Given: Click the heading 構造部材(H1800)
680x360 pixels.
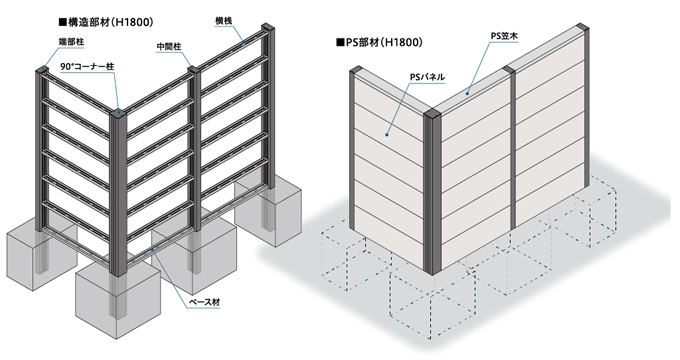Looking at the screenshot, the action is pyautogui.click(x=106, y=23).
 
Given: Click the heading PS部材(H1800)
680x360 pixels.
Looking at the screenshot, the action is pyautogui.click(x=379, y=43).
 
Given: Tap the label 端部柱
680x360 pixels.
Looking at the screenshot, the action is pyautogui.click(x=72, y=42).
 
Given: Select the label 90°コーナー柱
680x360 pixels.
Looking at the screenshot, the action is pyautogui.click(x=87, y=67).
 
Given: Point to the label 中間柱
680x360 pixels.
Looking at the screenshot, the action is pyautogui.click(x=169, y=46).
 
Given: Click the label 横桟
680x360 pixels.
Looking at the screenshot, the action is pyautogui.click(x=224, y=20).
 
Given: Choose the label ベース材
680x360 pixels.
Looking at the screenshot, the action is pyautogui.click(x=204, y=302).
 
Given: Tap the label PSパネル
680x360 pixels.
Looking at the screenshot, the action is pyautogui.click(x=427, y=78).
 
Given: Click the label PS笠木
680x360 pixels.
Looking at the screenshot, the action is pyautogui.click(x=504, y=36).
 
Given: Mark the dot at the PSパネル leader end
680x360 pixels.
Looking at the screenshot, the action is pyautogui.click(x=386, y=135).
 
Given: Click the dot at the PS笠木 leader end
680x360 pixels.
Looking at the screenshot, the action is pyautogui.click(x=468, y=93).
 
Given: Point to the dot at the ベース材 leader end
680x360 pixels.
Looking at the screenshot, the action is pyautogui.click(x=151, y=249).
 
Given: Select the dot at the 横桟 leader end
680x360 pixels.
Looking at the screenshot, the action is pyautogui.click(x=244, y=43).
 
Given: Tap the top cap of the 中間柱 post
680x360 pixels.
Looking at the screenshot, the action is pyautogui.click(x=192, y=68).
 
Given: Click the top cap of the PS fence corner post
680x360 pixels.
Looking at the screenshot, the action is pyautogui.click(x=432, y=112).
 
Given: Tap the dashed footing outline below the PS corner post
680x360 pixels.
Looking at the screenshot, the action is pyautogui.click(x=432, y=304).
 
